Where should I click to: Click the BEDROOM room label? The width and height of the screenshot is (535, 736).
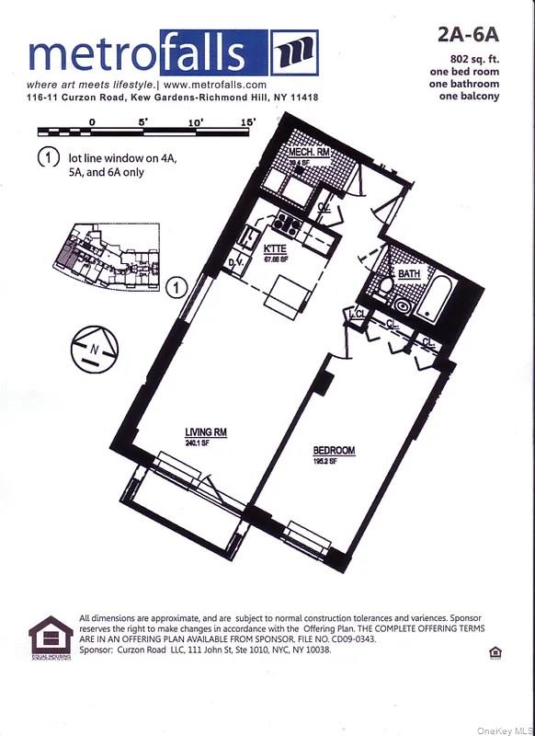point(333,450)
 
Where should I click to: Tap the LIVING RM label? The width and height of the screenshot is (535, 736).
point(206,431)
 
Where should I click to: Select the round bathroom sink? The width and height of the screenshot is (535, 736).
point(404,306)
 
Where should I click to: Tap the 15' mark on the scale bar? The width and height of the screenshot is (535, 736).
point(246,121)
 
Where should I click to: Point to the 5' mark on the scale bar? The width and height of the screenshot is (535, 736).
point(143,121)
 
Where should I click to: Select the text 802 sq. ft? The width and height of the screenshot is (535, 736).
point(469,60)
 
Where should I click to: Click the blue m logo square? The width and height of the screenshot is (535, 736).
point(295,52)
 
